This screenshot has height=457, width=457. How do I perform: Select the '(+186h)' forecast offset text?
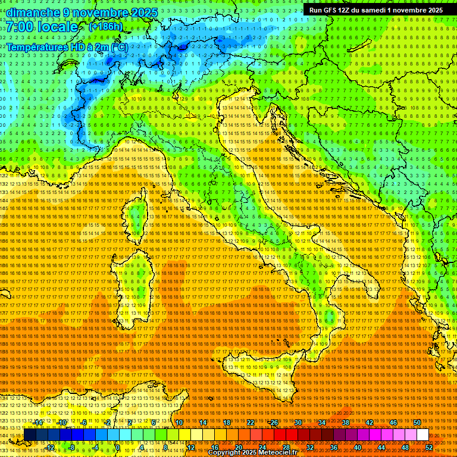coord(106,27)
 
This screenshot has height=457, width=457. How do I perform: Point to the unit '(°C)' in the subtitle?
coord(117,46)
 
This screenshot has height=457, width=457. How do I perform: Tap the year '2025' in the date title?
coord(141,12)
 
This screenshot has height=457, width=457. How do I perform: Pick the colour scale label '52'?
coord(429,447)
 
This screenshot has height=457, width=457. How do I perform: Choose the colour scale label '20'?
coord(239,447)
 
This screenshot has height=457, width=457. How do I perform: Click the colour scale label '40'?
coord(358,447)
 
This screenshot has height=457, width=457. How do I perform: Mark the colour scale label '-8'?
coord(71,447)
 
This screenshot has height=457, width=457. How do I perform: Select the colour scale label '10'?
coord(179,422)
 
